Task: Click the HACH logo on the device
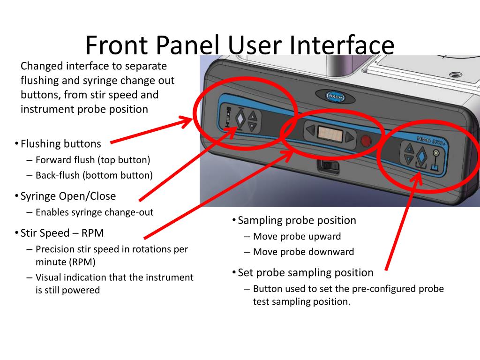coord(335,97)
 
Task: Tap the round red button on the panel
coord(366,141)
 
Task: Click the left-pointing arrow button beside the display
coord(311,130)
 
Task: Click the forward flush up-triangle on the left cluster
coord(253,116)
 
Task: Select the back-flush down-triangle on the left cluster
coord(252,127)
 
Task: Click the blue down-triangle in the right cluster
coord(409,159)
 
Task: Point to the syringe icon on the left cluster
coord(228,117)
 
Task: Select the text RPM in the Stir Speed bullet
coord(92,233)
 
